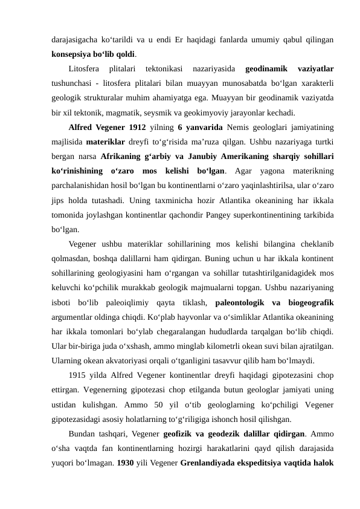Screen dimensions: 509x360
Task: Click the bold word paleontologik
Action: click(x=240, y=302)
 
